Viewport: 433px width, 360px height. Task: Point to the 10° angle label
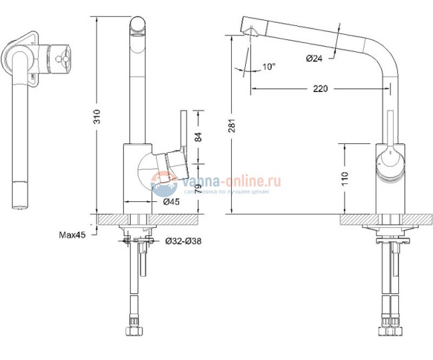[x=268, y=67]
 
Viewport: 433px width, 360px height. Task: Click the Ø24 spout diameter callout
[x=314, y=58]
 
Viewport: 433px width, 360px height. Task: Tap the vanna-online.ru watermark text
[x=217, y=179]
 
